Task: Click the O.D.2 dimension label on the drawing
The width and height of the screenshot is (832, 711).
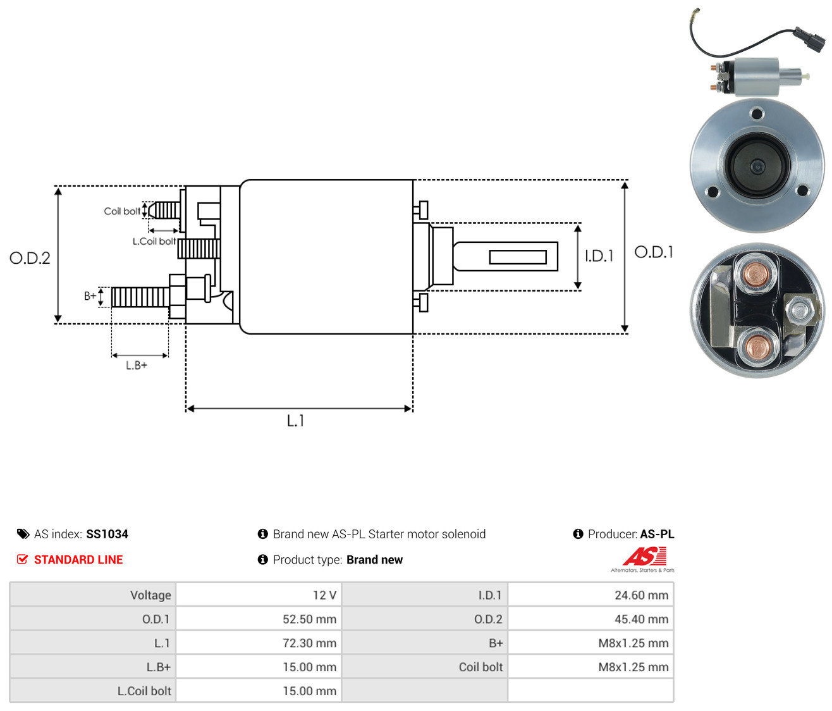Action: click(x=30, y=258)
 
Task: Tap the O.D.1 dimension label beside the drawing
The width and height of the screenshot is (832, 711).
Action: click(x=654, y=252)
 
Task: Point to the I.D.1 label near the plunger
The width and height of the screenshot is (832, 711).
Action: click(x=599, y=256)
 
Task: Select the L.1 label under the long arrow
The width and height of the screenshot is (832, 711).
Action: click(x=295, y=421)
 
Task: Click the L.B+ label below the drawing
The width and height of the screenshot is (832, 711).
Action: click(x=137, y=366)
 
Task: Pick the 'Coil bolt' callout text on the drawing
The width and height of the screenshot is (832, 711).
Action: click(x=122, y=211)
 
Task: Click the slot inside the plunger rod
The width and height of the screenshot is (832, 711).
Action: click(x=518, y=257)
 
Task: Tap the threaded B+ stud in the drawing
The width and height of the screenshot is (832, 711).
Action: click(x=140, y=297)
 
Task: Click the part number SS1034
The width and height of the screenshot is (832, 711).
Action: click(x=107, y=534)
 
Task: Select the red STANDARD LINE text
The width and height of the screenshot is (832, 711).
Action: click(x=78, y=560)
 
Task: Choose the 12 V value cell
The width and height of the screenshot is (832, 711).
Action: click(x=259, y=595)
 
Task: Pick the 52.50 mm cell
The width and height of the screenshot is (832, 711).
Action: click(x=259, y=619)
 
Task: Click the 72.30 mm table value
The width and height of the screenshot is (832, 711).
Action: click(x=309, y=643)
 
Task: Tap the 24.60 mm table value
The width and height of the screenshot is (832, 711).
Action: click(x=641, y=595)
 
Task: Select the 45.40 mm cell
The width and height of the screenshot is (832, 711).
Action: click(x=590, y=619)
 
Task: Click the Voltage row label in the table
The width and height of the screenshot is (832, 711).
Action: click(x=150, y=595)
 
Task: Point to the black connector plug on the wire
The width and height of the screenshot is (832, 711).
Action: click(x=809, y=39)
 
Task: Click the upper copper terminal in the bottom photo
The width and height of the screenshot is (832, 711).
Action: click(x=756, y=275)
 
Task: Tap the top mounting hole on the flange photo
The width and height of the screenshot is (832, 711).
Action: click(x=757, y=114)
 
